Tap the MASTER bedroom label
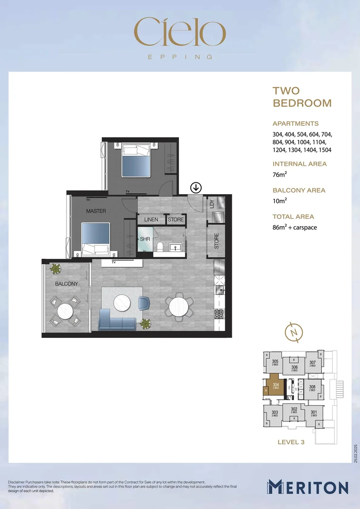[96, 211]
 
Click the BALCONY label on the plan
[66, 284]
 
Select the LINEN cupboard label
[151, 220]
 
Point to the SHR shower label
[145, 239]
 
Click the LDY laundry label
[212, 204]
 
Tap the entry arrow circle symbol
[196, 188]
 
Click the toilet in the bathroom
[160, 246]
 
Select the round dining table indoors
[178, 307]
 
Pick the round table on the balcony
[65, 311]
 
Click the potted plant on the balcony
[56, 269]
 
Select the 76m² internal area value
[279, 175]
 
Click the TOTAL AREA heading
[292, 217]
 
